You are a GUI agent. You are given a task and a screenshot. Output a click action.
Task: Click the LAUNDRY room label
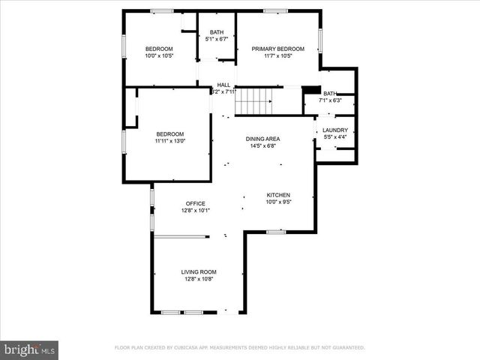(335, 130)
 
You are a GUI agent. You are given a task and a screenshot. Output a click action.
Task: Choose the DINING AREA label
(263, 139)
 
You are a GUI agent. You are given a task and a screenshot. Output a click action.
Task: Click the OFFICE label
(196, 203)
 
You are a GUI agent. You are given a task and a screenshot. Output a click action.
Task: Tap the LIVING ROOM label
(199, 271)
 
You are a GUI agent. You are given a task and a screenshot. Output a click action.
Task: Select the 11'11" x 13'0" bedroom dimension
(169, 140)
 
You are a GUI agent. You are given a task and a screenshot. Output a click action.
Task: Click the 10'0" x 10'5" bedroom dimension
(159, 55)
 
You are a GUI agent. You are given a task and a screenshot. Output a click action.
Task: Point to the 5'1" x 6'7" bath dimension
(217, 39)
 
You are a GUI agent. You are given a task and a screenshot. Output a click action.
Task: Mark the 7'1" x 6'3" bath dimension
(330, 100)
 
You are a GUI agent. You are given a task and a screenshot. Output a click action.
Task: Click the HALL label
(223, 85)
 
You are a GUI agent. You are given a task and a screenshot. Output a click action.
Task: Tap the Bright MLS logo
(29, 349)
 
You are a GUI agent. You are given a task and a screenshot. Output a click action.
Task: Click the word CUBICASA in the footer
(190, 348)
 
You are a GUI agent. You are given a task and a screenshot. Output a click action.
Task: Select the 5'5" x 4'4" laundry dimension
(335, 136)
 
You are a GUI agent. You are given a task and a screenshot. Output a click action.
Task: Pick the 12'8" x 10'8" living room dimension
(199, 279)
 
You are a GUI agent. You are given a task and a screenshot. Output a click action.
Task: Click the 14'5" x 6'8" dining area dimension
(263, 145)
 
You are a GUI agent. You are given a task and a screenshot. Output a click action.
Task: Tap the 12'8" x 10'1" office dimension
(196, 211)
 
